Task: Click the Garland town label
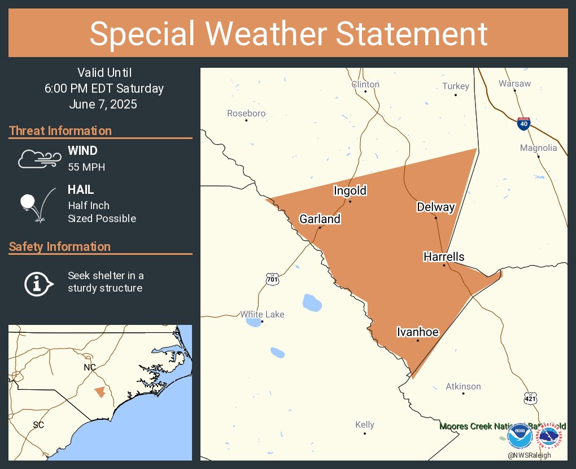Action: pyautogui.click(x=320, y=219)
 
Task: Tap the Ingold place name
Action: pyautogui.click(x=350, y=190)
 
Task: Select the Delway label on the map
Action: pyautogui.click(x=435, y=207)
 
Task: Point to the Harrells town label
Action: pyautogui.click(x=444, y=257)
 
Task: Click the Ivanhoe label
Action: pyautogui.click(x=417, y=332)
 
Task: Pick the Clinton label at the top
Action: pyautogui.click(x=365, y=84)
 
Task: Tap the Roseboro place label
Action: pyautogui.click(x=246, y=114)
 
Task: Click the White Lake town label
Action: pyautogui.click(x=262, y=314)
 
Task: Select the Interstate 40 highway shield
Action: pyautogui.click(x=523, y=124)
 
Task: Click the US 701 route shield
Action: pyautogui.click(x=272, y=279)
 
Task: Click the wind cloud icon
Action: pyautogui.click(x=38, y=159)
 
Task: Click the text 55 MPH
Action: pyautogui.click(x=86, y=167)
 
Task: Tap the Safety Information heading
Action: pyautogui.click(x=60, y=246)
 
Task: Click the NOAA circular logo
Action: pyautogui.click(x=519, y=437)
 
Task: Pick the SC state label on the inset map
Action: pyautogui.click(x=38, y=424)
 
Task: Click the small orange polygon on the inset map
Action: pyautogui.click(x=100, y=392)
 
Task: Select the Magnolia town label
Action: pyautogui.click(x=538, y=148)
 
